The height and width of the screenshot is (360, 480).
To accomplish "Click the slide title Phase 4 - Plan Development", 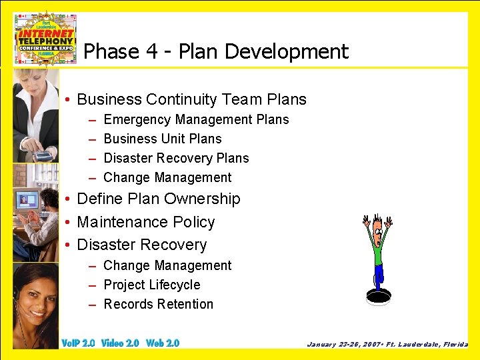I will tap(216, 51).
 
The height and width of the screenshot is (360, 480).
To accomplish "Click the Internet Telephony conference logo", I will tap(45, 38).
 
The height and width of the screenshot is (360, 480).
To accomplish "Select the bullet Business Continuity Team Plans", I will tap(191, 100).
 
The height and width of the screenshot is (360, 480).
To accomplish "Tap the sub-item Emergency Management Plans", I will tap(196, 120).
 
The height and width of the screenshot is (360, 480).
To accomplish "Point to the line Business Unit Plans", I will tap(163, 139).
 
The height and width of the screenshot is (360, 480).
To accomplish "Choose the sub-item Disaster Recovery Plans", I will tap(176, 159).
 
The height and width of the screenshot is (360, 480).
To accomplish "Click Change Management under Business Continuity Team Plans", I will tap(167, 178).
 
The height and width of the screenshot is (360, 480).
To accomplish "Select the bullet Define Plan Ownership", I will tap(159, 199).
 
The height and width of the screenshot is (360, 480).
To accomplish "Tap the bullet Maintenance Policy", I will tap(146, 222).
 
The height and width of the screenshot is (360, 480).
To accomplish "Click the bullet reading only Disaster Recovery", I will tap(142, 245).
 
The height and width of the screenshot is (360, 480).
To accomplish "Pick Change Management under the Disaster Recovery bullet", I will tap(167, 266).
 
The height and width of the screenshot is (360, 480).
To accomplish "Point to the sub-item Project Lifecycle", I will tap(151, 285).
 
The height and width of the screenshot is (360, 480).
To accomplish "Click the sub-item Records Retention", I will tap(158, 305).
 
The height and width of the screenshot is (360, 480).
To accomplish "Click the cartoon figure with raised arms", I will tap(377, 250).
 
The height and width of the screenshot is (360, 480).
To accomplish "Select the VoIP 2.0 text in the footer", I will tap(78, 343).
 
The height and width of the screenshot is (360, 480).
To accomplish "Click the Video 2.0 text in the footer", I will tap(120, 343).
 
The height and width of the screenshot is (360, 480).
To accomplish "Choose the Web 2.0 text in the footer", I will tap(163, 343).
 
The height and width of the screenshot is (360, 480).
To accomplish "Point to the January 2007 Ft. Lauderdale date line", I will tap(387, 345).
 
